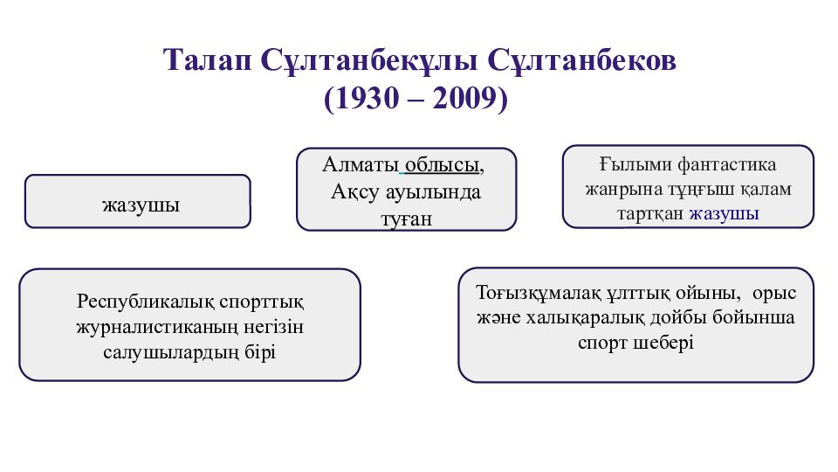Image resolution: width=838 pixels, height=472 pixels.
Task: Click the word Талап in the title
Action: pyautogui.click(x=208, y=60)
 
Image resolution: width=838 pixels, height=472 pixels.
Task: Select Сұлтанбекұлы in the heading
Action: pyautogui.click(x=368, y=61)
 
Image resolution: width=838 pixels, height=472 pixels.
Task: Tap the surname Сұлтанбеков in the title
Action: pyautogui.click(x=581, y=60)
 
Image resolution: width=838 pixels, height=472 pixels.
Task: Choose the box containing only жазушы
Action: pyautogui.click(x=138, y=201)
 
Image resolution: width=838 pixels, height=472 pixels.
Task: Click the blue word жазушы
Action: pyautogui.click(x=725, y=213)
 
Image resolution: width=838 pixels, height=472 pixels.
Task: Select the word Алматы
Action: pyautogui.click(x=361, y=164)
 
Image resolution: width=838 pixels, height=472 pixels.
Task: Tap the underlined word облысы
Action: pyautogui.click(x=442, y=165)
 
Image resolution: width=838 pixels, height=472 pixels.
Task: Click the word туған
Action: pyautogui.click(x=406, y=219)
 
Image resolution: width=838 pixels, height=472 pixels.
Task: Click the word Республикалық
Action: pyautogui.click(x=144, y=302)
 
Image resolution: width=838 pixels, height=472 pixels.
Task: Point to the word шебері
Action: pyautogui.click(x=663, y=343)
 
